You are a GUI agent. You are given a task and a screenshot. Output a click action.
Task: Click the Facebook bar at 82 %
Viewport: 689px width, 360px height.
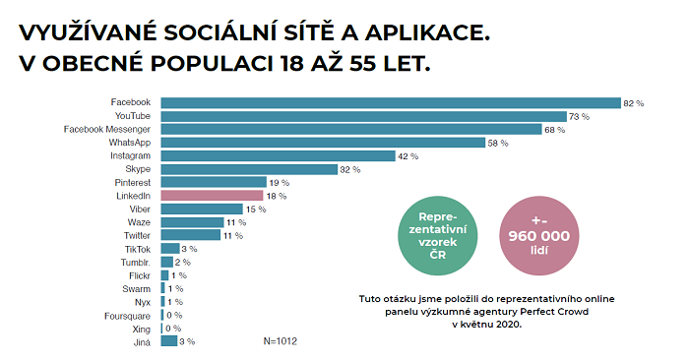(390, 102)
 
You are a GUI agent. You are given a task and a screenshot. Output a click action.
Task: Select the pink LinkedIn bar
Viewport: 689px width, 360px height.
(212, 196)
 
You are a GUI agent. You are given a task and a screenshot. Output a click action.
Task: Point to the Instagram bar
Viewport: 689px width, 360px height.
(277, 155)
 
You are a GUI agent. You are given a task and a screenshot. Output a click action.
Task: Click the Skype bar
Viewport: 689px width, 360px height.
(248, 169)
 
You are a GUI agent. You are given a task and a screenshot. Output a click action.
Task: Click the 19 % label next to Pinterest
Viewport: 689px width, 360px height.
(278, 182)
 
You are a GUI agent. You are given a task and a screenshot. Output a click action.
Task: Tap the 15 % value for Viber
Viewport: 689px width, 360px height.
(255, 210)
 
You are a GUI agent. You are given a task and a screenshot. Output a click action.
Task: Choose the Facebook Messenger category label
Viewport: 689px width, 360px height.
(107, 129)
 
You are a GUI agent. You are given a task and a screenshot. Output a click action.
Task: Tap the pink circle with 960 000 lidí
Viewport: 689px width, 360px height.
(537, 237)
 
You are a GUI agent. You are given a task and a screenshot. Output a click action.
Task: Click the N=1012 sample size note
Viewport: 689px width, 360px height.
(281, 342)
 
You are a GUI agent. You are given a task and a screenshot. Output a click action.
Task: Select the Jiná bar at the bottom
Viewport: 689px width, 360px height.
(167, 342)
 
